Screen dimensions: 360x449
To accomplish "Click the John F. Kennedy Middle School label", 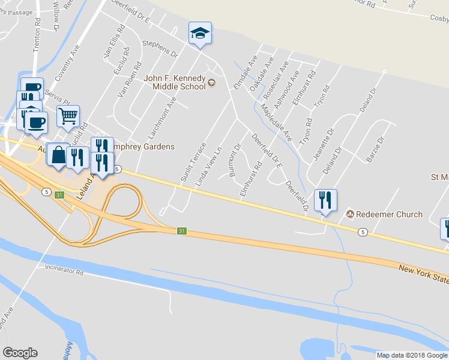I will click(175, 82).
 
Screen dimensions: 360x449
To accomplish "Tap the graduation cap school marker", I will click(200, 34).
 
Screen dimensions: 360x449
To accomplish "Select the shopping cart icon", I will click(68, 116).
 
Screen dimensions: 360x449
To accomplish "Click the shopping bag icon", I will click(58, 155).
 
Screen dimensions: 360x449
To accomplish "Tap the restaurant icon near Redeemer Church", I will click(325, 200).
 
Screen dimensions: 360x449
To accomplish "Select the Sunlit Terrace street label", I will click(193, 162).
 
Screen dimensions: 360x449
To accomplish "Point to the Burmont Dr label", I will click(235, 160).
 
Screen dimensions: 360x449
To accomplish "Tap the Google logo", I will click(20, 353).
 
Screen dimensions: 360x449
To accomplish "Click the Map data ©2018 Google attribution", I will click(412, 355).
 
